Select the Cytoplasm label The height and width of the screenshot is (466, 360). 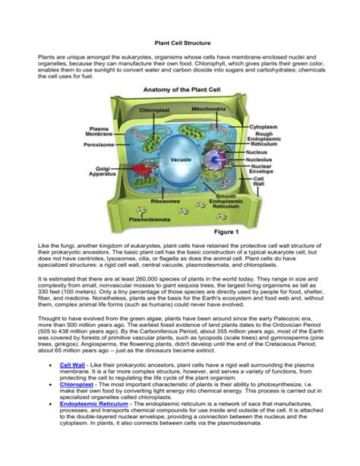click(x=262, y=127)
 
